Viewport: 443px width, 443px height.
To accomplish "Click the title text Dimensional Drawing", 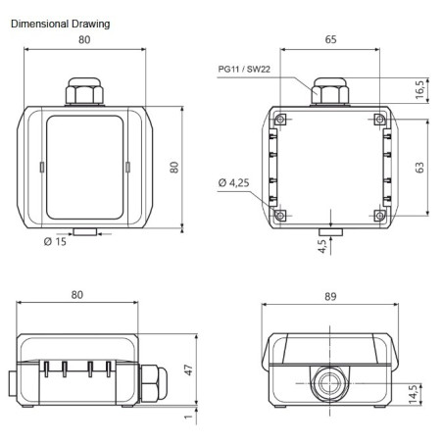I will click(x=60, y=23).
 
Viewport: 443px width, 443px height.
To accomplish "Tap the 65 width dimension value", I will click(x=330, y=41).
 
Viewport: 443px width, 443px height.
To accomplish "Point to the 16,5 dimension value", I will click(x=419, y=91).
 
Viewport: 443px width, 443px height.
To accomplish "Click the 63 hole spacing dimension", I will click(x=419, y=167).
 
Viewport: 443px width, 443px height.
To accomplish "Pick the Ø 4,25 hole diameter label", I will click(x=232, y=182).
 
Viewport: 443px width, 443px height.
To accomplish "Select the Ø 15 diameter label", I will click(x=56, y=241).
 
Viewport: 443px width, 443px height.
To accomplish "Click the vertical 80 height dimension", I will click(x=174, y=167).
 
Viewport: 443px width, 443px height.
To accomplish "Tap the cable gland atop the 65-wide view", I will click(x=330, y=94).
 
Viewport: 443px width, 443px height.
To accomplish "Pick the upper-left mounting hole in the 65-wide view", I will click(x=281, y=120).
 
